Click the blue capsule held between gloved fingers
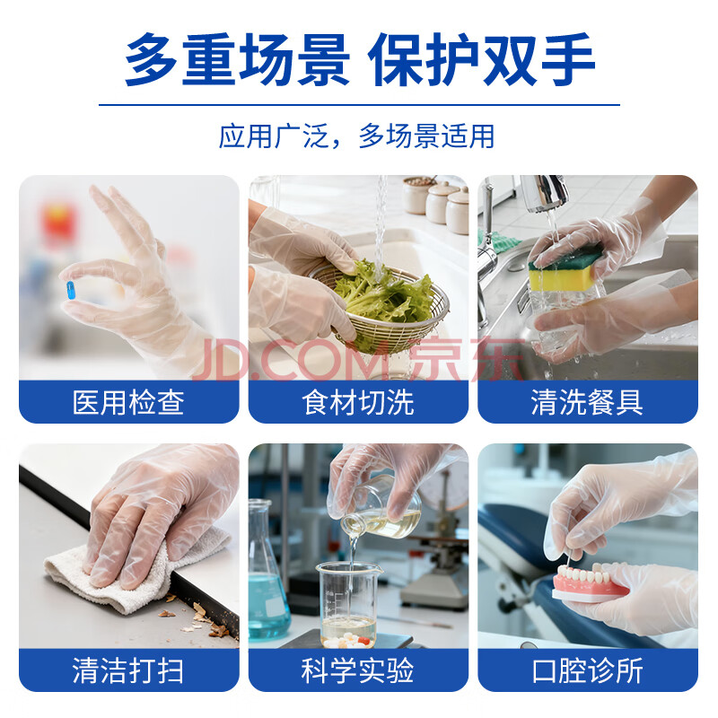(x=71, y=290)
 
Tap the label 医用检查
(x=128, y=402)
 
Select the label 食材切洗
(x=358, y=402)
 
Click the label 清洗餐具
(x=588, y=402)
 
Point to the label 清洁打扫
(x=128, y=670)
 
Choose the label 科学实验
(x=358, y=670)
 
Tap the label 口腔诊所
(x=588, y=670)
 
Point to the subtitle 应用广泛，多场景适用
(x=356, y=136)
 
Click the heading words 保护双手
(x=481, y=59)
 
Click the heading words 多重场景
(x=237, y=59)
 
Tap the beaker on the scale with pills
(x=349, y=604)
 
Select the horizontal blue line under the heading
(x=359, y=105)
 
